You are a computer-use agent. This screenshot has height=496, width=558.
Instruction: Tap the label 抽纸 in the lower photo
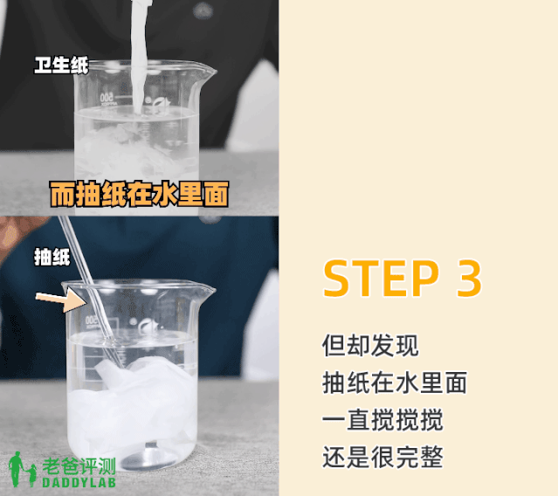click(52, 257)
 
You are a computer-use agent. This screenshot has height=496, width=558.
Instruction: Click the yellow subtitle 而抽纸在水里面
click(138, 194)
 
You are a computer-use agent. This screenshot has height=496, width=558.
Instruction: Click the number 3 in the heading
click(468, 279)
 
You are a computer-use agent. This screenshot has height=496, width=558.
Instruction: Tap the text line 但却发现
click(370, 345)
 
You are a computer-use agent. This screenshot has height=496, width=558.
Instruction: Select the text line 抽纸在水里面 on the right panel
click(395, 382)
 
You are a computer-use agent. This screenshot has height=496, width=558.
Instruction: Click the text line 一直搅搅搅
click(382, 420)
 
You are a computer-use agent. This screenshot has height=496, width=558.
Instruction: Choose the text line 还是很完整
click(382, 457)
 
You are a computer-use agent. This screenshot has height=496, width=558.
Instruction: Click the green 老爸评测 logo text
click(79, 467)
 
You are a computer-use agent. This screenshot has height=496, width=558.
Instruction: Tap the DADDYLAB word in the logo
click(78, 483)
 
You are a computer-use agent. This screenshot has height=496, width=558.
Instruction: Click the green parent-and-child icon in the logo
click(21, 472)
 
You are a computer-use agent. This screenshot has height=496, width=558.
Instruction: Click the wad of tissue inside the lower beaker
click(131, 402)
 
